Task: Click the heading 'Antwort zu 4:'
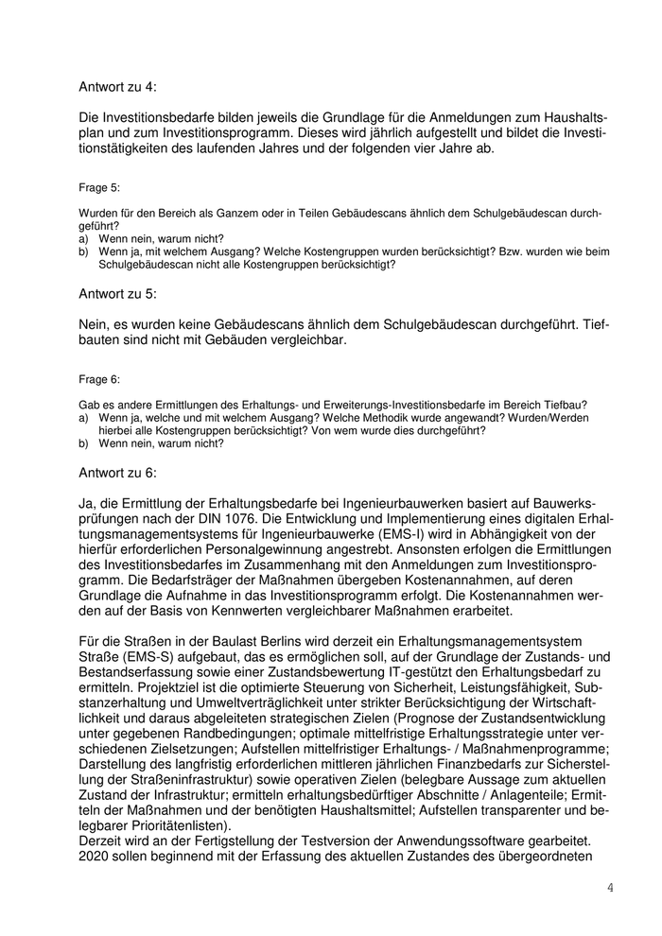coord(117,87)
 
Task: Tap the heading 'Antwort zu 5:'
coord(117,294)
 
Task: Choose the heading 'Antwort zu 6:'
coord(117,472)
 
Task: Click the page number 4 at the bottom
coord(610,888)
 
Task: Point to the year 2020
coord(96,858)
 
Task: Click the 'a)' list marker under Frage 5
coord(83,239)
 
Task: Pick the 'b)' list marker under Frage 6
coord(83,442)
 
